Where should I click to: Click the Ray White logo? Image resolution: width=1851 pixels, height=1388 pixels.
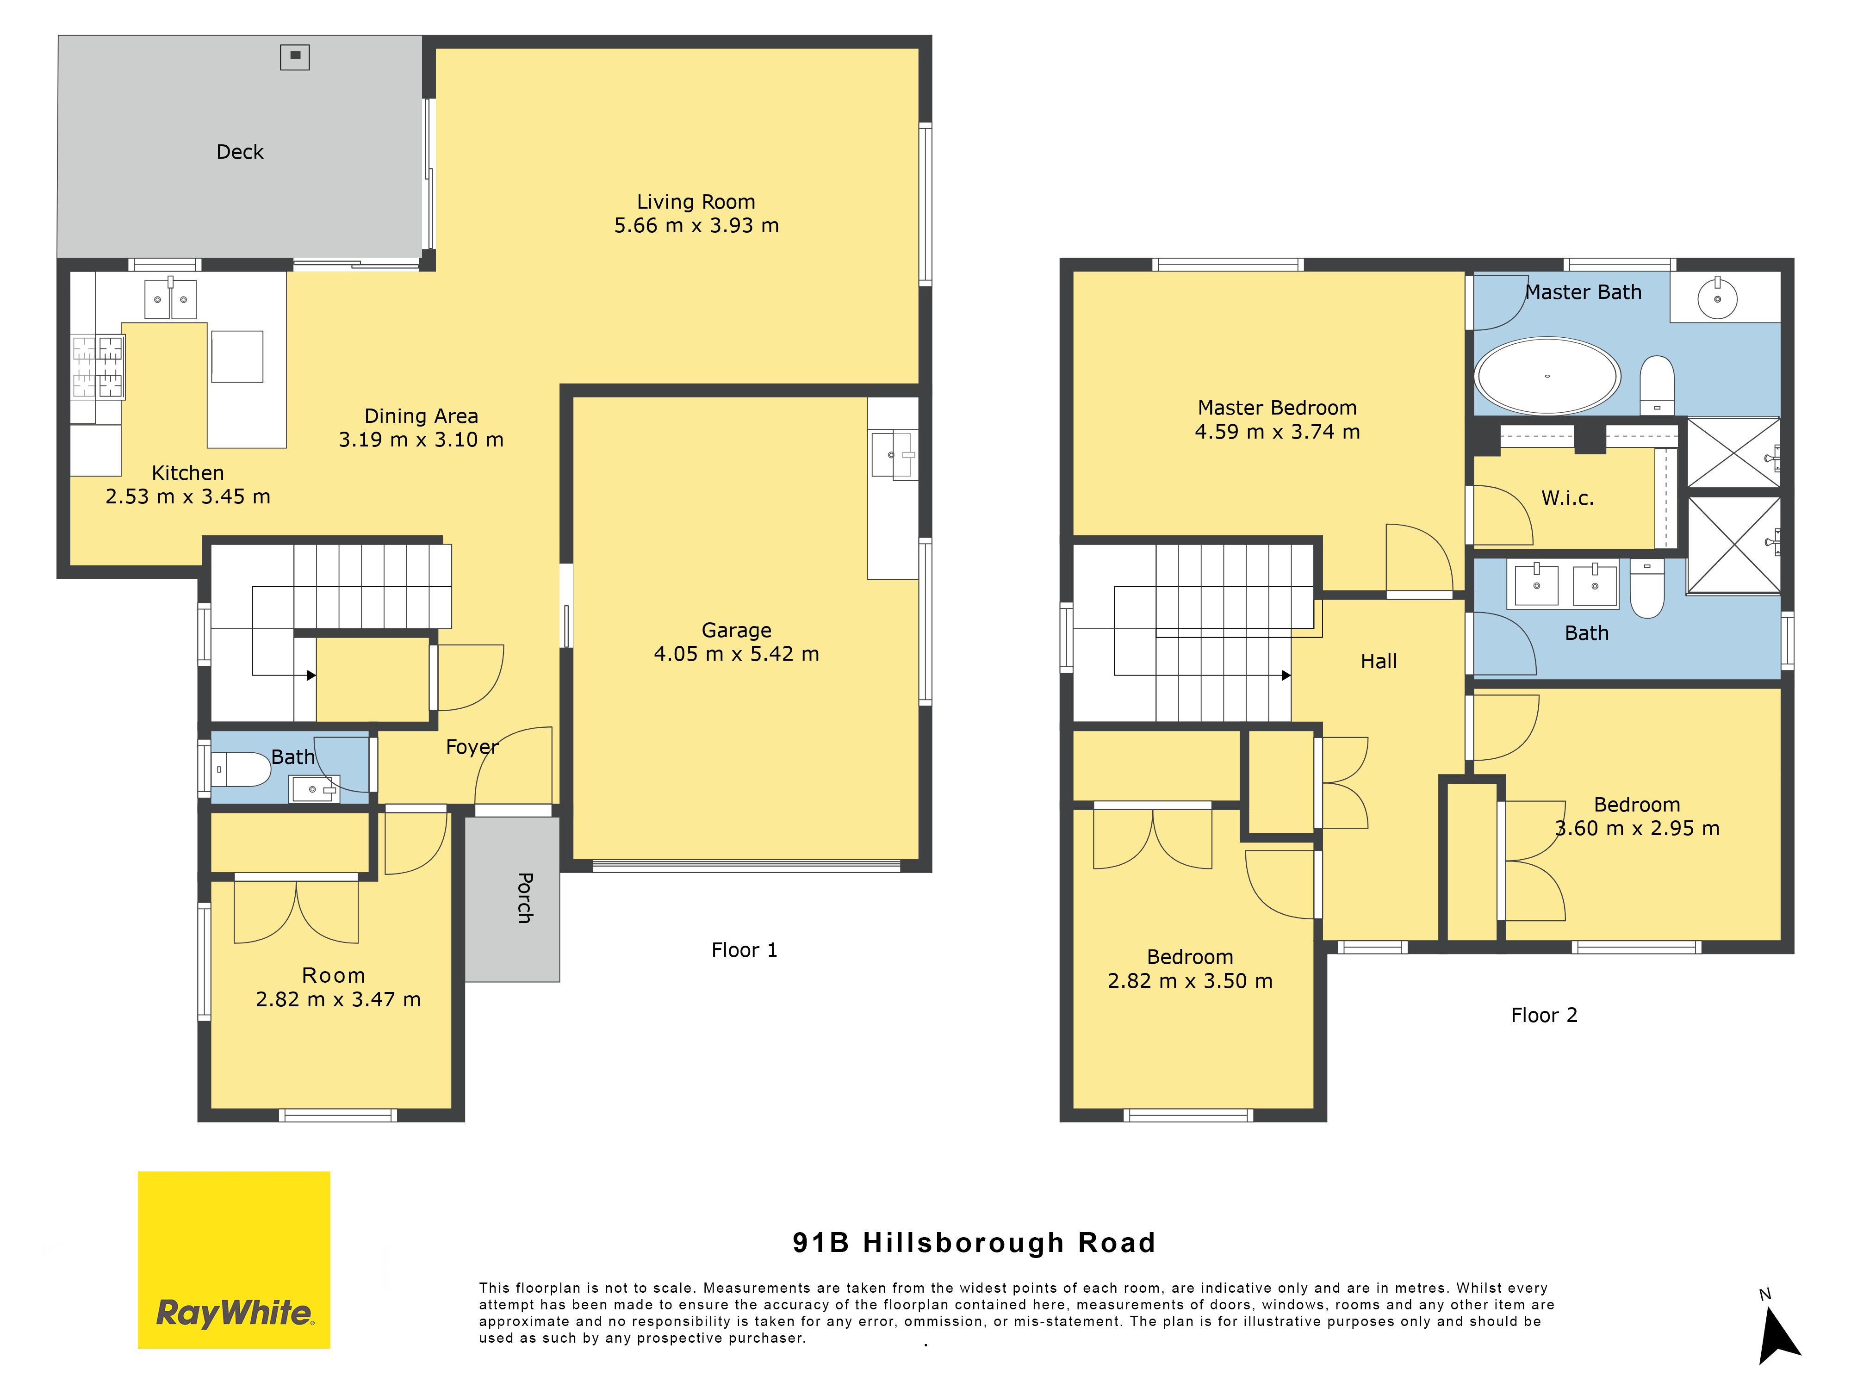click(x=234, y=1259)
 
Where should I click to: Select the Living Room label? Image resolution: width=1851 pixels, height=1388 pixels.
click(x=696, y=202)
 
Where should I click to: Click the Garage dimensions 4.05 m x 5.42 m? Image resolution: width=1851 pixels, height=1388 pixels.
click(x=736, y=653)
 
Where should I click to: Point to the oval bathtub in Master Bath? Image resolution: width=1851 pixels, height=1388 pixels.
click(x=1547, y=376)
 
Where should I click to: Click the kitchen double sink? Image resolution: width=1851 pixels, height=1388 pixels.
click(x=171, y=298)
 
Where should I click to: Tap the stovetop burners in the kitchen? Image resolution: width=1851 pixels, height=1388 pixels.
click(x=98, y=366)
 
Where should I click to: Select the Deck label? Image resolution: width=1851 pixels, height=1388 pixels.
click(x=240, y=151)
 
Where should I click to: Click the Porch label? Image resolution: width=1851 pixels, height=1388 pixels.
click(x=525, y=898)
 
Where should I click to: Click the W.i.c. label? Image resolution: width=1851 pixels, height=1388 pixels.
click(x=1567, y=498)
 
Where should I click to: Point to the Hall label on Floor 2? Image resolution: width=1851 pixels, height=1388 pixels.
click(x=1379, y=661)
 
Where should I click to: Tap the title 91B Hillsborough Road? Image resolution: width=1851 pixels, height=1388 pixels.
click(x=974, y=1242)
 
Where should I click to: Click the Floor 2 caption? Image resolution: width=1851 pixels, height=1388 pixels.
click(x=1544, y=1015)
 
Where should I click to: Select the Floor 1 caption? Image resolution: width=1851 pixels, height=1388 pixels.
click(x=744, y=949)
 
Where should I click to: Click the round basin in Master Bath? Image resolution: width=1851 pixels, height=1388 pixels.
click(x=1717, y=298)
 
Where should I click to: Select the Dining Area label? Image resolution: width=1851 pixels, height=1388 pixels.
click(x=421, y=416)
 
